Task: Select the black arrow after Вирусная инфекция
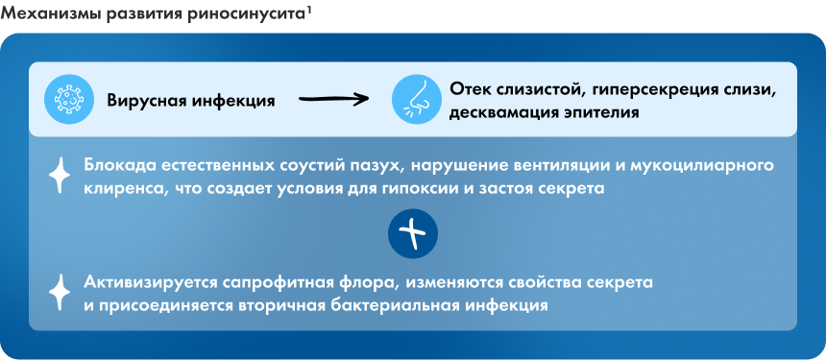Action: (x=333, y=99)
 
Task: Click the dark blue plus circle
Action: (x=413, y=234)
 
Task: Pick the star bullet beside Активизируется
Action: (x=59, y=293)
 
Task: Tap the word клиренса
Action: (x=121, y=189)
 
